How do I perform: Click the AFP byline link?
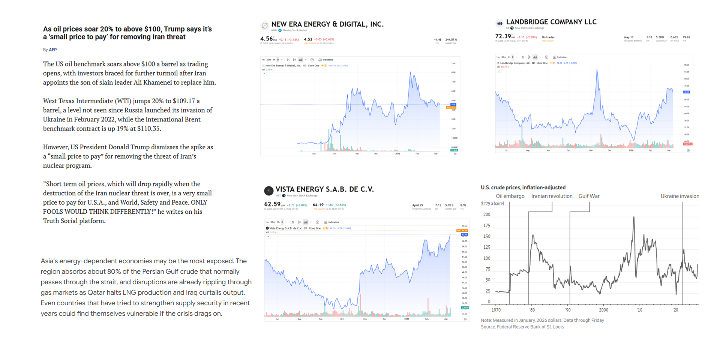(52, 50)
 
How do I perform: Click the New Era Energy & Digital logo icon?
(265, 25)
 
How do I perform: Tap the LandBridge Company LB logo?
(499, 24)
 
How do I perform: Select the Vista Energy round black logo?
(268, 191)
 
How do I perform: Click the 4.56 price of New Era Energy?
(266, 39)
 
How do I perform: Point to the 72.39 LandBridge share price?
(503, 36)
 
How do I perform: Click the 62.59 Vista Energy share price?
(272, 204)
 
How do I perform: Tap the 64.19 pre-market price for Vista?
(318, 205)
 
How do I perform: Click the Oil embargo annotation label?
(510, 196)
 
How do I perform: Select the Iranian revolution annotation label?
(552, 196)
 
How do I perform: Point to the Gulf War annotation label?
(589, 196)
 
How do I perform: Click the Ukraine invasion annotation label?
(679, 196)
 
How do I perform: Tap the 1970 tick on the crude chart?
(496, 310)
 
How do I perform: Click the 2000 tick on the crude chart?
(603, 310)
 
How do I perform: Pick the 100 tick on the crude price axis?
(487, 258)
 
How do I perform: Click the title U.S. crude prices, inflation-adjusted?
(523, 187)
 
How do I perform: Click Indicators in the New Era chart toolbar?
(327, 60)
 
